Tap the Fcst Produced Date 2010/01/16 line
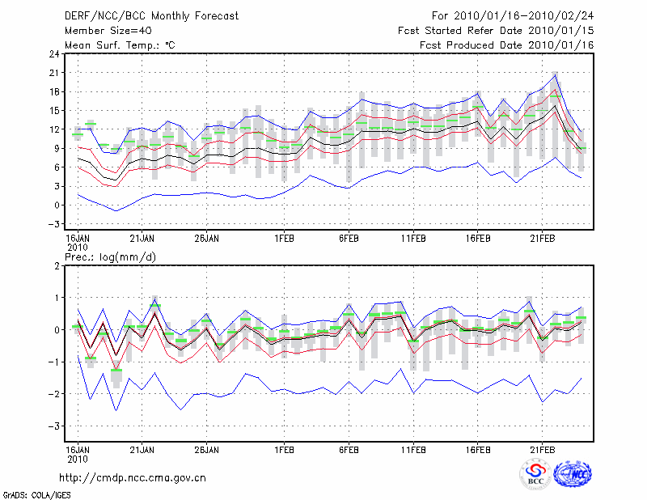(x=507, y=44)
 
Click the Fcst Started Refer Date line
(x=496, y=31)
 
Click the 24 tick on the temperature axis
(x=53, y=54)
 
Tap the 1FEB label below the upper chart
(x=283, y=239)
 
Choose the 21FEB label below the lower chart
(x=542, y=449)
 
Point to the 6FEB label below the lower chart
(x=349, y=449)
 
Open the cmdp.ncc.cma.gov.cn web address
(x=133, y=477)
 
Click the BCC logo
(x=535, y=475)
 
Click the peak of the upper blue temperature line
(x=556, y=74)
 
